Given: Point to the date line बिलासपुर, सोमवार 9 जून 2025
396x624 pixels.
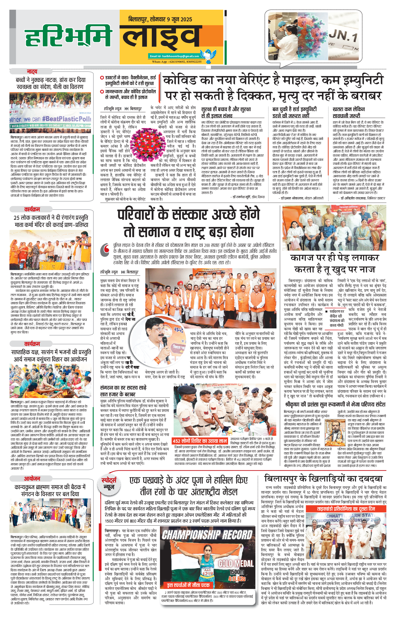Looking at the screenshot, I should pyautogui.click(x=160, y=19).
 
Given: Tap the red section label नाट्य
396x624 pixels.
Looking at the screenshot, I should pyautogui.click(x=32, y=72).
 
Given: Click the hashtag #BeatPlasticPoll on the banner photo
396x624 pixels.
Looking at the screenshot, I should pyautogui.click(x=66, y=119).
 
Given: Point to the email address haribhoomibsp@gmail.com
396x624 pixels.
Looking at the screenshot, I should pyautogui.click(x=174, y=56).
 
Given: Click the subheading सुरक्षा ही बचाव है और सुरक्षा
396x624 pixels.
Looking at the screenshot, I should pyautogui.click(x=226, y=109).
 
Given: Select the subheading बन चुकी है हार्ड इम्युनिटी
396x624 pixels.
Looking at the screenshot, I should pyautogui.click(x=294, y=109).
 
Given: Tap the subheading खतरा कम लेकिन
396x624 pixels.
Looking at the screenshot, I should pyautogui.click(x=349, y=109).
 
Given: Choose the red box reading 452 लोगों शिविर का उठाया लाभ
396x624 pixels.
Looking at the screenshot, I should pyautogui.click(x=200, y=441).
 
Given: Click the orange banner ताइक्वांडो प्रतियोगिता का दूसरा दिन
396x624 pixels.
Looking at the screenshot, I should pyautogui.click(x=346, y=509).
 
